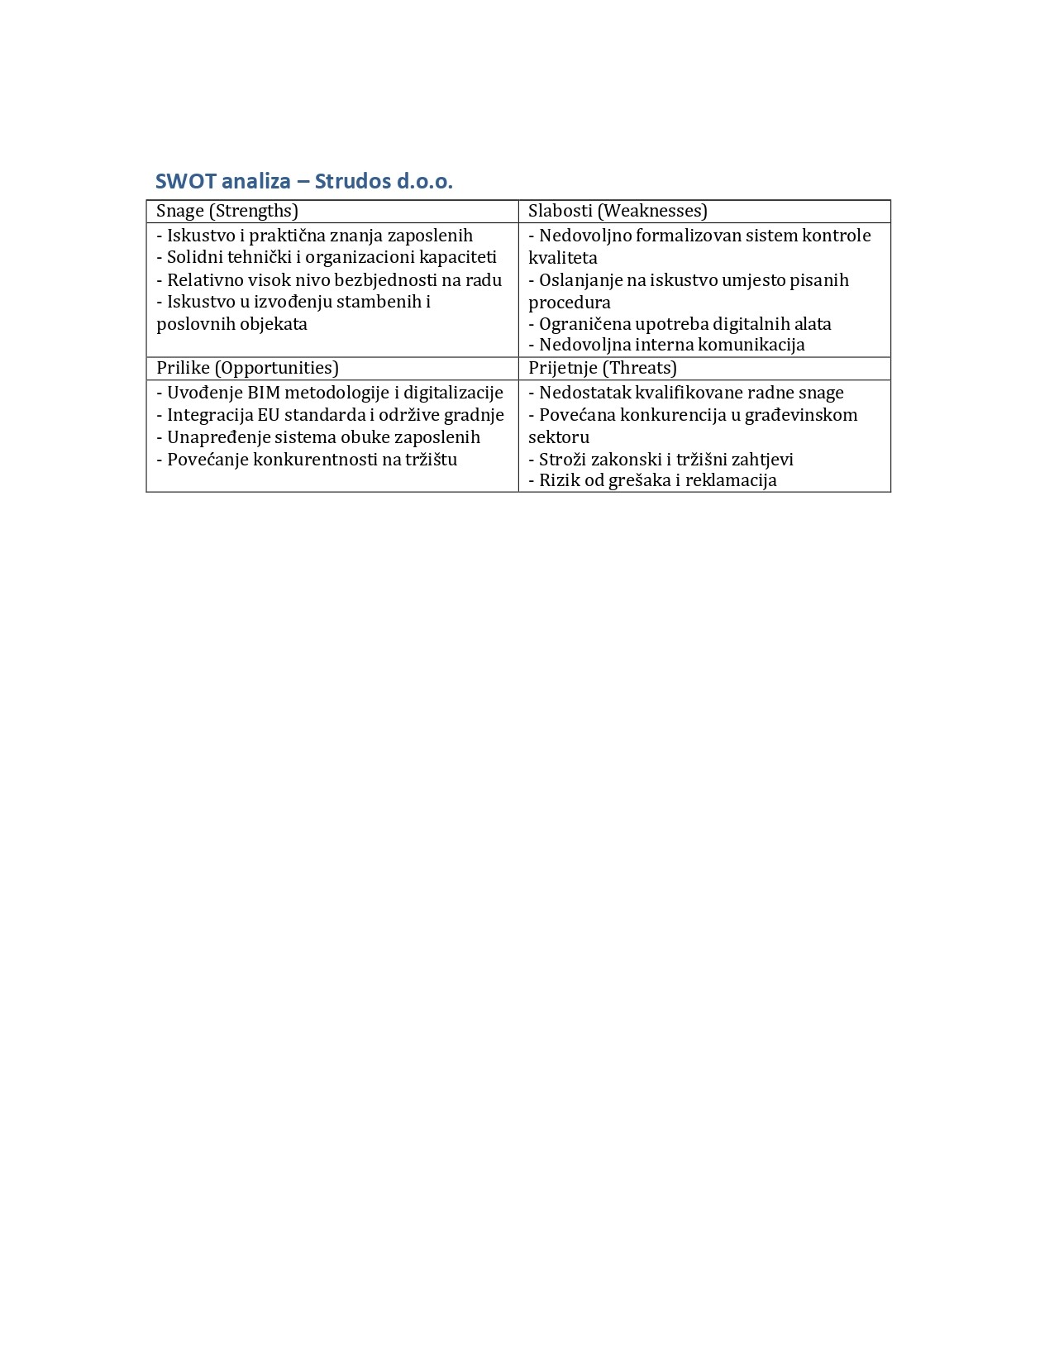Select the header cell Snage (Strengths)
click(x=227, y=211)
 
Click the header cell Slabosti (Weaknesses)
click(x=618, y=211)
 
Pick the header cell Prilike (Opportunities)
click(x=247, y=368)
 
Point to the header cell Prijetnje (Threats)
click(x=602, y=368)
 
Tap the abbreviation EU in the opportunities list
click(x=269, y=415)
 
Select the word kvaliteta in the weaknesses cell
click(x=563, y=258)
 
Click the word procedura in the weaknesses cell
click(x=570, y=303)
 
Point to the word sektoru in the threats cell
click(x=559, y=437)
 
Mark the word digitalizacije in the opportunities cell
click(x=453, y=393)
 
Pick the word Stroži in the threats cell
click(x=563, y=460)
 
